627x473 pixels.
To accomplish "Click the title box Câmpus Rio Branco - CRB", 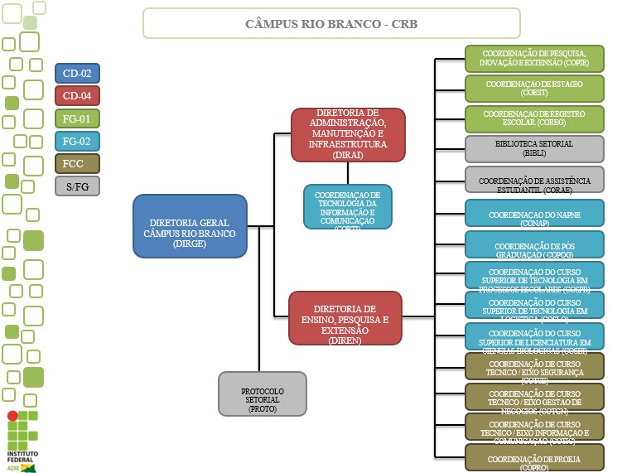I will tap(331, 23).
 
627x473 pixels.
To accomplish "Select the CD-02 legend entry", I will tap(77, 74).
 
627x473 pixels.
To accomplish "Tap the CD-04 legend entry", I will tap(77, 96).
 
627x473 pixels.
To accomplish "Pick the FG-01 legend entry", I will tap(77, 118).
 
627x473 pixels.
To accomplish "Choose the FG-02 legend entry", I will tap(77, 141).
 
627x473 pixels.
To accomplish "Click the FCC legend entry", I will tap(77, 163).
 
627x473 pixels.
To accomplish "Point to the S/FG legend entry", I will tap(77, 186).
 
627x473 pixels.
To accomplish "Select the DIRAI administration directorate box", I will tap(348, 133).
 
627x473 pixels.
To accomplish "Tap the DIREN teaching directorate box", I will tap(345, 317).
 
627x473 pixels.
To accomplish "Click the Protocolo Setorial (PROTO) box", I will tap(262, 393).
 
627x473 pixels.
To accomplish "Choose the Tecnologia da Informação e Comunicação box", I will tap(347, 206).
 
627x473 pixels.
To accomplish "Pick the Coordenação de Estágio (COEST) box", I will tap(533, 88).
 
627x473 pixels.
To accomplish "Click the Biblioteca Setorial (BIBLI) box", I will tap(533, 148).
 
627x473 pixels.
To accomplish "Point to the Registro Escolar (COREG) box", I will tap(533, 118).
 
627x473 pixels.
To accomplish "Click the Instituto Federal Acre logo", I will tap(23, 440).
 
